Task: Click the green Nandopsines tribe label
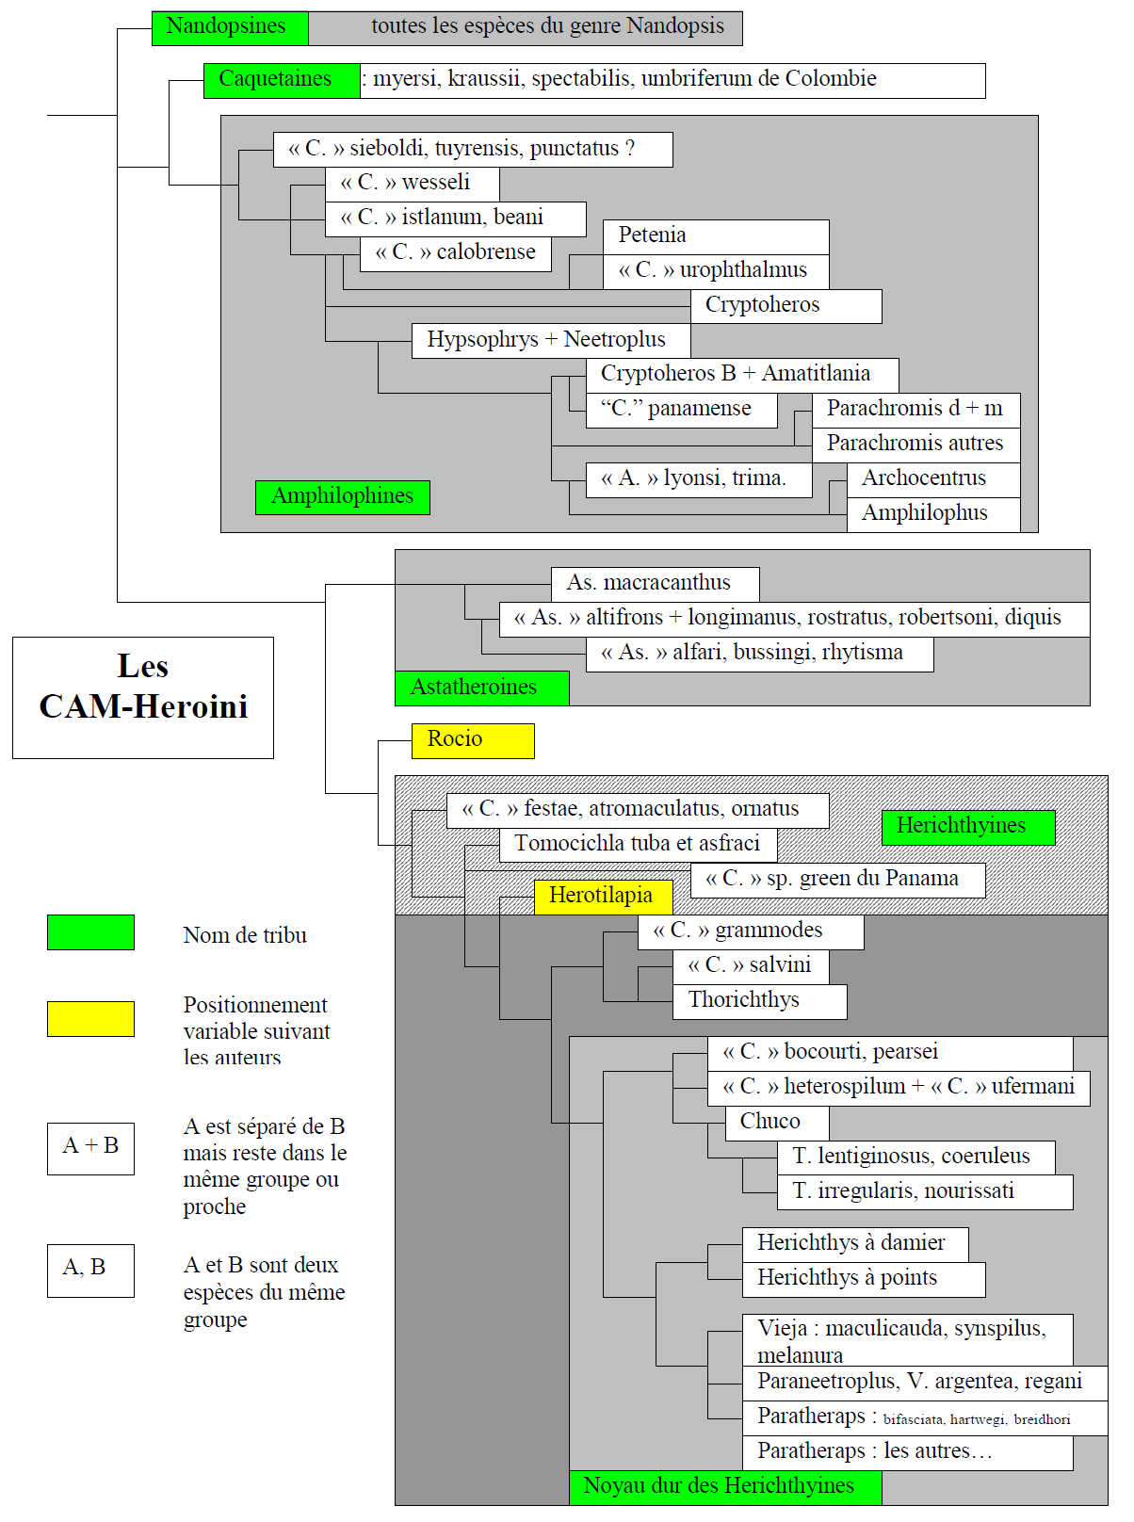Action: [x=230, y=28]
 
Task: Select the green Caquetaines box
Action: [x=282, y=81]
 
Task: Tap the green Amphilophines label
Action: [x=343, y=497]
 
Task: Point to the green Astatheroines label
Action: [x=482, y=688]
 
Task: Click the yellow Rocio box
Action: [x=473, y=741]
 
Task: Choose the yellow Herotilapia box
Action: [x=604, y=898]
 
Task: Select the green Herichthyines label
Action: [x=968, y=828]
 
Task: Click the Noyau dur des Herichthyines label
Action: [x=725, y=1488]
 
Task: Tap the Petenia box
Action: [x=716, y=237]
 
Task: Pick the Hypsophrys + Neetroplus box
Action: [x=551, y=341]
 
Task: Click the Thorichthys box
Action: [x=760, y=1002]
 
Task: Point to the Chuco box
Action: [x=777, y=1124]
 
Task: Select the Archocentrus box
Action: [x=933, y=480]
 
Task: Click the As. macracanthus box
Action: [x=656, y=585]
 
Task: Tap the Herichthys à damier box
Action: [x=855, y=1245]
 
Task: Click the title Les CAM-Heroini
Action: [x=143, y=687]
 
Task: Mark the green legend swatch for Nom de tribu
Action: [x=90, y=932]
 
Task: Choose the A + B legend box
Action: [x=90, y=1149]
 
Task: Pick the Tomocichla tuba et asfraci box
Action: [x=639, y=846]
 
